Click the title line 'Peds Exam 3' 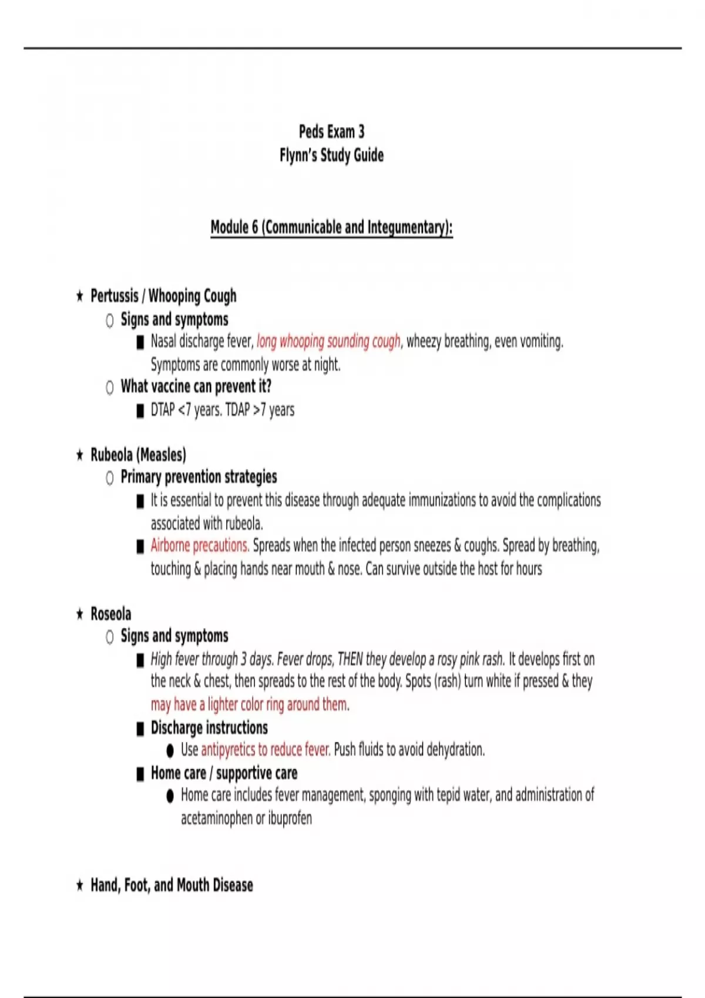click(331, 132)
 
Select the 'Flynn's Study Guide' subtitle click(331, 156)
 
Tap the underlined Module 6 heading click(331, 227)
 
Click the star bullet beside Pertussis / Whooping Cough click(80, 296)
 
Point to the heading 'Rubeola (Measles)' click(138, 455)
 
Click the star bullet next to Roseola click(80, 615)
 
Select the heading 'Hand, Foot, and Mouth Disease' click(172, 885)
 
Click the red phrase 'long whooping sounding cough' click(328, 341)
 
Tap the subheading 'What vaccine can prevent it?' click(196, 386)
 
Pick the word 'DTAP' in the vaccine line click(163, 410)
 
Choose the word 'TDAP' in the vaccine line click(237, 410)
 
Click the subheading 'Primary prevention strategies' click(199, 477)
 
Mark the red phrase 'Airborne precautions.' click(200, 545)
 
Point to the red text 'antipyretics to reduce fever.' click(266, 750)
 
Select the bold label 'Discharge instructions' click(209, 728)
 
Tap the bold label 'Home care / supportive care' click(224, 773)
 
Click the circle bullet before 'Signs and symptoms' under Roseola click(110, 637)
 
